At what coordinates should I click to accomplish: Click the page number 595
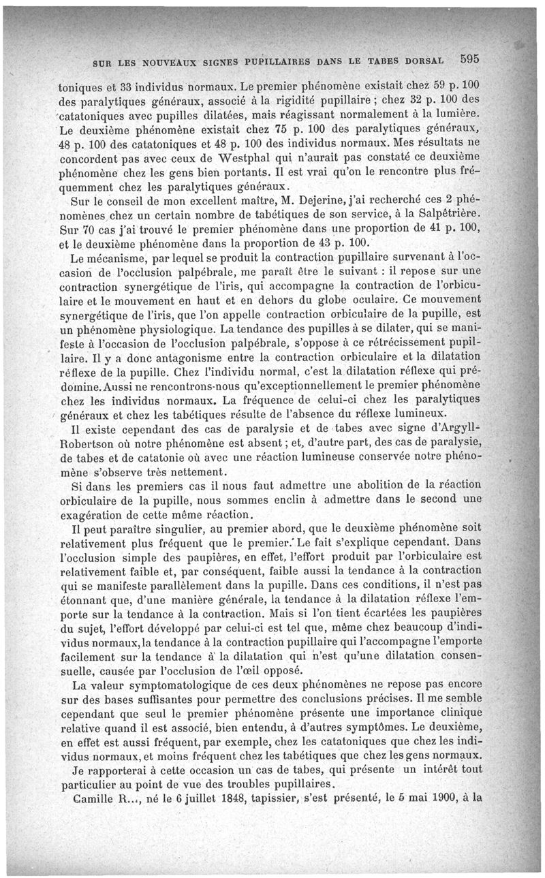(471, 59)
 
